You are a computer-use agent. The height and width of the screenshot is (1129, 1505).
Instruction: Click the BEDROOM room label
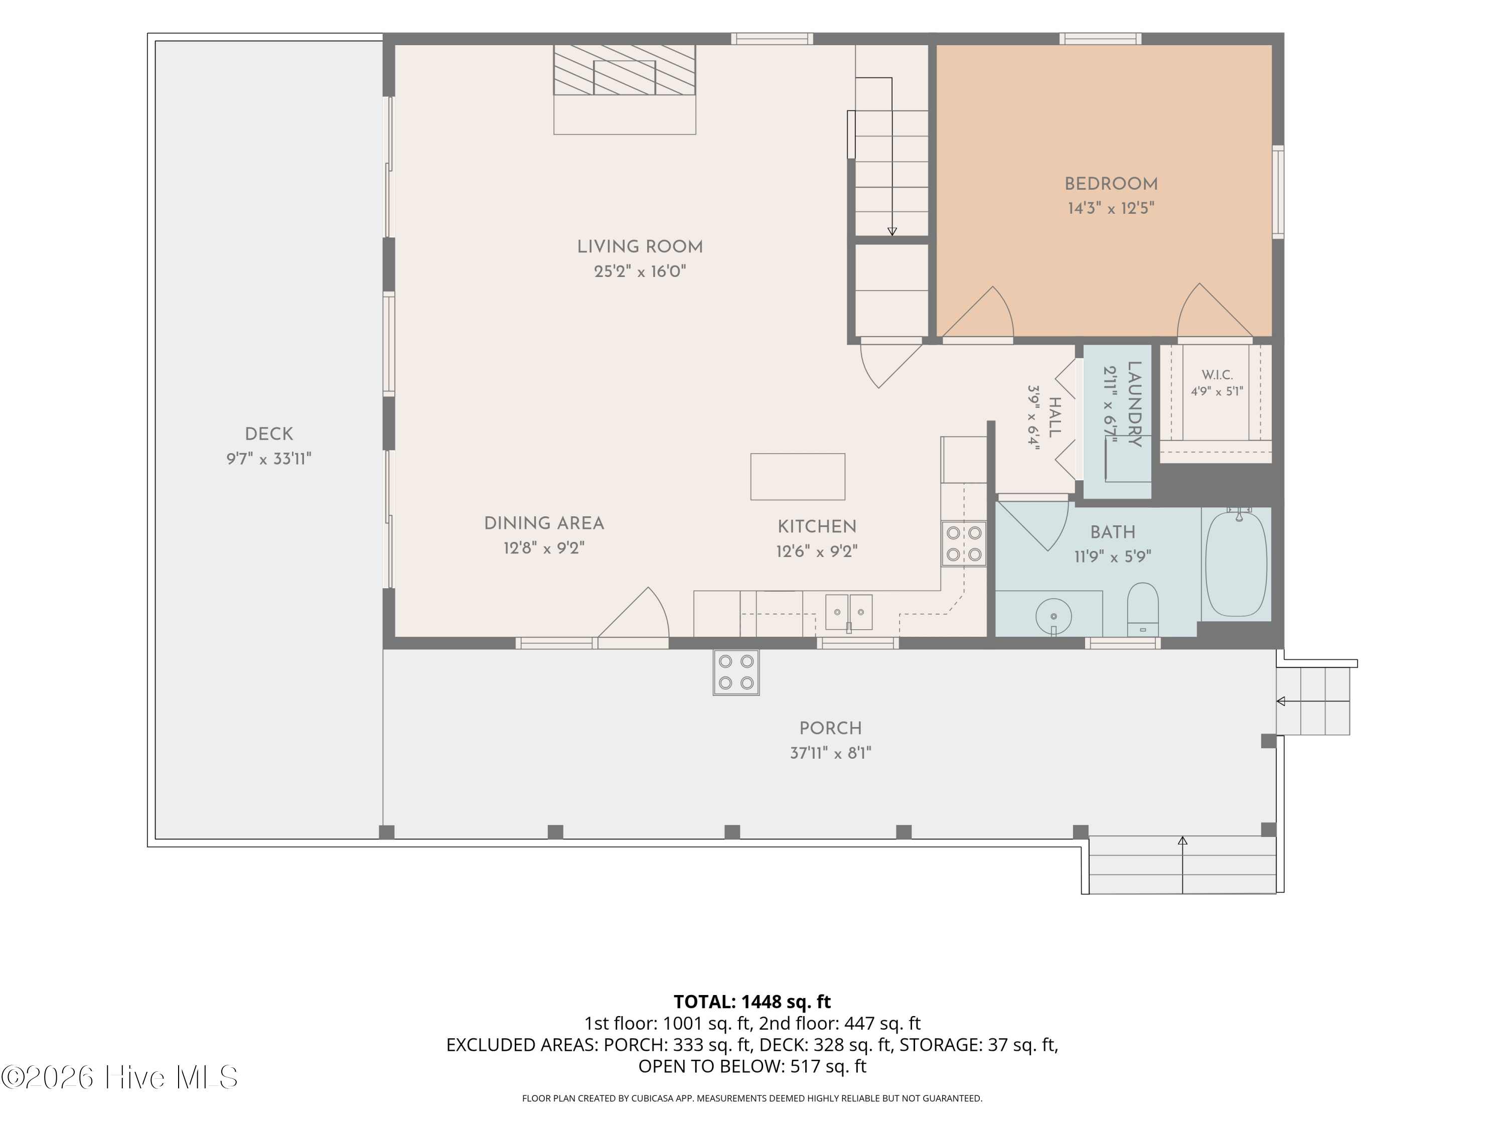tap(1111, 184)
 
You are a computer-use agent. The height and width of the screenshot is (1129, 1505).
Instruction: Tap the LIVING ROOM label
tap(640, 247)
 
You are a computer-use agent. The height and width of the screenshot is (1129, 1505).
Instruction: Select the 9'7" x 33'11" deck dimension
tap(269, 459)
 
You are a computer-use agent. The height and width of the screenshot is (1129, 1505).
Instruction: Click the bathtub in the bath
tap(1236, 564)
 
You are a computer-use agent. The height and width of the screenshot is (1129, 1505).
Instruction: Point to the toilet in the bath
tap(1143, 609)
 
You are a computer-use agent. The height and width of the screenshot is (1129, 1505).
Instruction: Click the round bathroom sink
tap(1053, 617)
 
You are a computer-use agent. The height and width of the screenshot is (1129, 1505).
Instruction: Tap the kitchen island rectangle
tap(798, 476)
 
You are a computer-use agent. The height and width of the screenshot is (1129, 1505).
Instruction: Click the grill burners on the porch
tap(736, 672)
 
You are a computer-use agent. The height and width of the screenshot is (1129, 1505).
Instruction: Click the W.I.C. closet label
tap(1217, 375)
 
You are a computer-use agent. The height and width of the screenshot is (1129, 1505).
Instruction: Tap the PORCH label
tap(831, 728)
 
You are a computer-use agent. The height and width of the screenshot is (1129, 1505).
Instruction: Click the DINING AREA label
tap(544, 523)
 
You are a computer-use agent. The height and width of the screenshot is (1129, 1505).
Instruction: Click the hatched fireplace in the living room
tap(625, 70)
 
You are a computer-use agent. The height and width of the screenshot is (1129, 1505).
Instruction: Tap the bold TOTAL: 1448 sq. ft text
tap(752, 1002)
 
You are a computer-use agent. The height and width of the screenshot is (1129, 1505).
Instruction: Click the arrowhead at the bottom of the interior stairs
tap(892, 231)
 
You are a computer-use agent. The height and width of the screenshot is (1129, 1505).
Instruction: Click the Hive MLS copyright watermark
tap(119, 1077)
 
